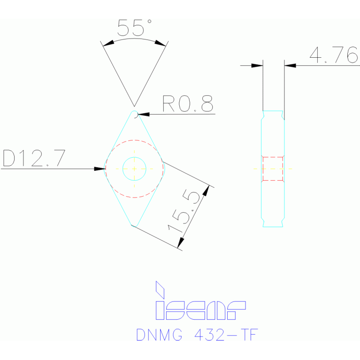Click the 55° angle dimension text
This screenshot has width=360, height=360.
point(134,28)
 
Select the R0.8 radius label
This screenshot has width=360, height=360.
point(187,104)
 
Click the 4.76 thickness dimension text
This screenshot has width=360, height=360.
point(334,55)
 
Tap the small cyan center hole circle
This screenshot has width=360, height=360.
point(134,168)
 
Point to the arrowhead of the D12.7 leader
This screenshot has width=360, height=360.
point(102,168)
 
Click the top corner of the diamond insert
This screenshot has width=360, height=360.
point(134,112)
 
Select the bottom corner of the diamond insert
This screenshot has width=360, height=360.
point(134,225)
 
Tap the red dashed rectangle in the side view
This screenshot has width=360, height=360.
point(273,169)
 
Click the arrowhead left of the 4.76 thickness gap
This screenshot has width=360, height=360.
point(259,65)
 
